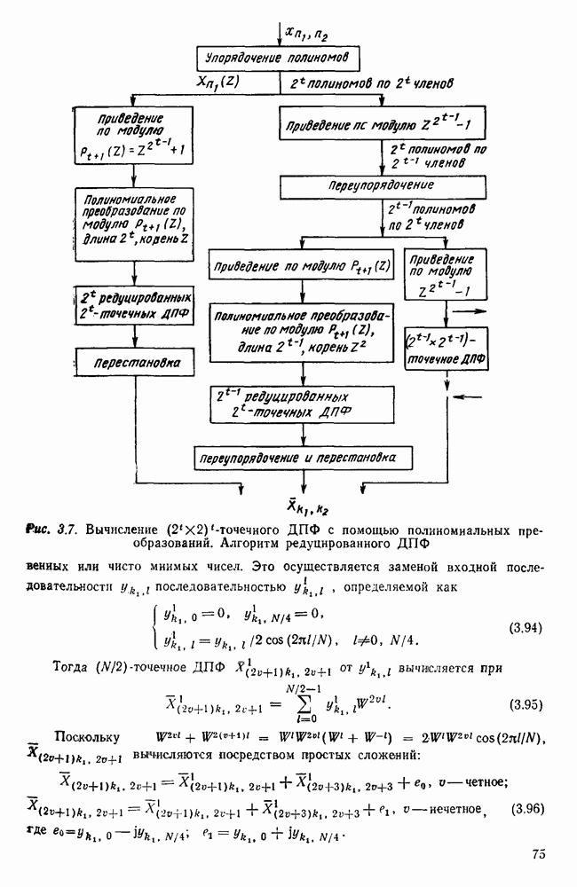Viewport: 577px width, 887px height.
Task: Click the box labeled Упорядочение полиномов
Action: coord(280,59)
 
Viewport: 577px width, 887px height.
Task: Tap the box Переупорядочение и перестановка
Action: coord(305,457)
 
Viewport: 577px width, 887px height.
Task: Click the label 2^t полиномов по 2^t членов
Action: coord(372,82)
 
